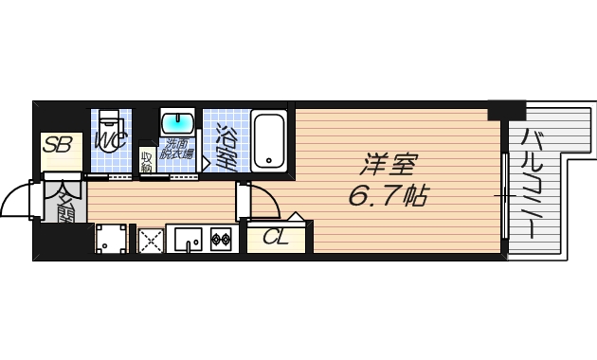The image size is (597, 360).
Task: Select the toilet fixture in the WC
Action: coord(111,123)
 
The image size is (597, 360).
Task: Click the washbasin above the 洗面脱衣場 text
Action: coord(175,124)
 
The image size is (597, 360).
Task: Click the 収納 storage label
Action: coord(147,160)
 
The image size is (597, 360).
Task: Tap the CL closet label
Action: coord(277,237)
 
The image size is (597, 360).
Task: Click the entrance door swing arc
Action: coord(18,199)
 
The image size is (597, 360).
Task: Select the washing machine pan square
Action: coord(112,241)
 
